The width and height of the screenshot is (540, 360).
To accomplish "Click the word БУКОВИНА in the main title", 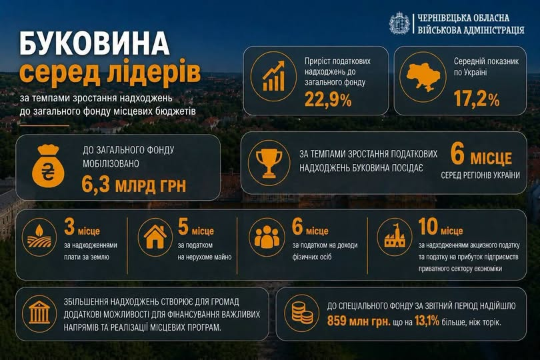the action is point(95,44).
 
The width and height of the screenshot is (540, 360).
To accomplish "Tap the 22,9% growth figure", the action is point(328,100).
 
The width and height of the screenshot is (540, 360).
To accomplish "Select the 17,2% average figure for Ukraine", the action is point(477,99).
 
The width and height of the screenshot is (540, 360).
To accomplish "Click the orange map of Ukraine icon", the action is point(423,77).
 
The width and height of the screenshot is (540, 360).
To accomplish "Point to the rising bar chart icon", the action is point(274,76).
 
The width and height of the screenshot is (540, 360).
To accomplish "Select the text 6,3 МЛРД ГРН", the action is point(133,185).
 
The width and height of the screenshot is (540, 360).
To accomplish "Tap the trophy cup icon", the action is point(269,163).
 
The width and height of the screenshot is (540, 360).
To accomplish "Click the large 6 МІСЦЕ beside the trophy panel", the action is point(481,155).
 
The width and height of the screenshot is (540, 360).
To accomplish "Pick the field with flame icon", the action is point(39,237).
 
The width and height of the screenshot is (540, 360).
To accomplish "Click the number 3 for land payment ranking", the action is point(69,227).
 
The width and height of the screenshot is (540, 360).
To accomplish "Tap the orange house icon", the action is point(155,237).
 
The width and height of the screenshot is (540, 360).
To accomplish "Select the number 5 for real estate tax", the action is point(183,227).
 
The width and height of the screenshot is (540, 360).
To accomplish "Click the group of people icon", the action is point(267,237).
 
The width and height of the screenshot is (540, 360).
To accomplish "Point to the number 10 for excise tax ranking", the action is point(428,227).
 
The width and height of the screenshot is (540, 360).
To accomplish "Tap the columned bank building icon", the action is point(39,313).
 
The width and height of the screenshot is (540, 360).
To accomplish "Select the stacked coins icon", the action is point(302,313).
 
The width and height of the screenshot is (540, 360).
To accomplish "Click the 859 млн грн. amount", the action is point(359,321).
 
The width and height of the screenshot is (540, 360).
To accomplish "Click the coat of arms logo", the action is point(399,23).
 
